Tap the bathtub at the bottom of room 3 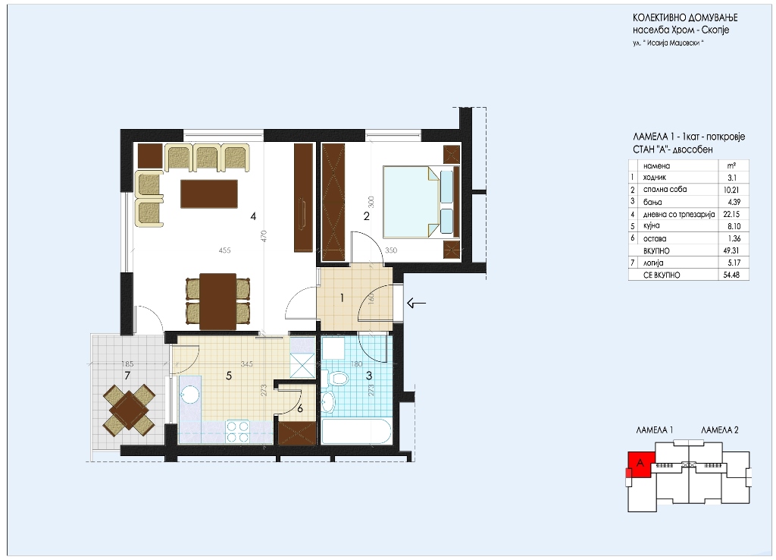click(356, 432)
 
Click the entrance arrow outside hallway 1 click(416, 303)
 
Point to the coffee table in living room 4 click(209, 193)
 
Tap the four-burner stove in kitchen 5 click(237, 431)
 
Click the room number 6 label click(300, 409)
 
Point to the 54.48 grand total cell click(731, 275)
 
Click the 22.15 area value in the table click(731, 214)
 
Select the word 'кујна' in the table click(651, 226)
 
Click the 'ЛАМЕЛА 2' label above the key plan click(720, 430)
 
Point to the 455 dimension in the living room click(224, 250)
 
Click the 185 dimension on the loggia click(127, 363)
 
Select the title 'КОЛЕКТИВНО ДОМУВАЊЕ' click(685, 18)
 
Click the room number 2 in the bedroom click(366, 216)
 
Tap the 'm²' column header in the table click(731, 165)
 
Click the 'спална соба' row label click(665, 189)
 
